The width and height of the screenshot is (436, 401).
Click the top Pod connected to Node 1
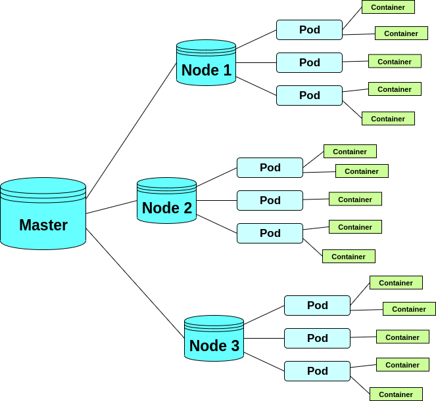(x=309, y=30)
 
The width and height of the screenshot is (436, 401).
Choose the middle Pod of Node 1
(x=309, y=62)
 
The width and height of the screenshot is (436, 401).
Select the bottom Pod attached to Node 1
(x=309, y=95)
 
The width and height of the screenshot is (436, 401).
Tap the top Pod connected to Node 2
(x=270, y=167)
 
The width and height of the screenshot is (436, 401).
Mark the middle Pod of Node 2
(x=270, y=200)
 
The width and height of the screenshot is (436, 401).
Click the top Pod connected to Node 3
(x=317, y=305)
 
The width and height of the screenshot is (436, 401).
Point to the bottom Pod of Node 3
(x=317, y=371)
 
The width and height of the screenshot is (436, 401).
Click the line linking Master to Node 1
(x=132, y=131)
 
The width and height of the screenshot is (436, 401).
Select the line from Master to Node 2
(x=112, y=207)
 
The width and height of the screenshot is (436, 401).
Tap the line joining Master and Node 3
(x=135, y=283)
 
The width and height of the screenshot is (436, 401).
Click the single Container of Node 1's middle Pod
(x=395, y=61)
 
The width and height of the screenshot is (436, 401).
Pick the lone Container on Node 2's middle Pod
(x=355, y=199)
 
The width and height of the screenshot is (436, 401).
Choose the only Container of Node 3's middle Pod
(x=402, y=337)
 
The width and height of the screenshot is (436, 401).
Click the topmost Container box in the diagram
(x=388, y=7)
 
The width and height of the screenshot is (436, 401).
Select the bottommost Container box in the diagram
(x=396, y=394)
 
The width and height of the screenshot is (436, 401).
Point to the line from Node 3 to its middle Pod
(x=264, y=338)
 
